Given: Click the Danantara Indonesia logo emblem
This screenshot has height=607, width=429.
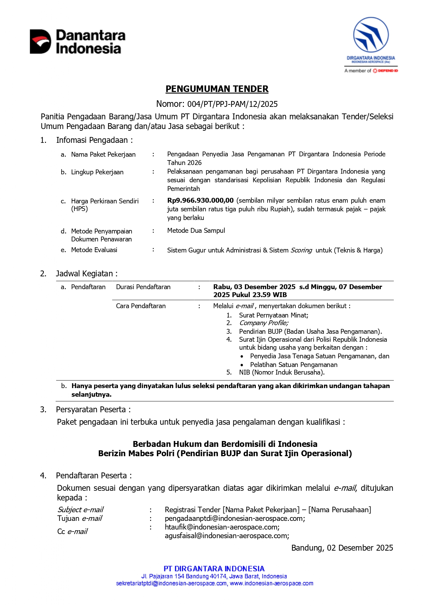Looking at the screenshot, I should pyautogui.click(x=40, y=42).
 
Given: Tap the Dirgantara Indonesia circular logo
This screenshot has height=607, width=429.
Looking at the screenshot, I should pyautogui.click(x=371, y=35).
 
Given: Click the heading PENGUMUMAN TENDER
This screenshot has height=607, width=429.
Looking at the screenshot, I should pyautogui.click(x=217, y=89).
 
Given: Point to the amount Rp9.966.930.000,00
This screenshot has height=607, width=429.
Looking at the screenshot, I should pyautogui.click(x=200, y=201).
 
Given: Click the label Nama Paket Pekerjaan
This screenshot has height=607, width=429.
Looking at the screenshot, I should pyautogui.click(x=103, y=155).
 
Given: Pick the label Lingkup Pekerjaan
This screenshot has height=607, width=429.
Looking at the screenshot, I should pyautogui.click(x=97, y=172).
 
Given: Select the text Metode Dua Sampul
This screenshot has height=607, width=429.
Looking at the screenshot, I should pyautogui.click(x=196, y=231).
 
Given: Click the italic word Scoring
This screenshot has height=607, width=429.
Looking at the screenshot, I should pyautogui.click(x=301, y=250).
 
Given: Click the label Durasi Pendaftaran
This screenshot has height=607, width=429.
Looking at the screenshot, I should pyautogui.click(x=143, y=287).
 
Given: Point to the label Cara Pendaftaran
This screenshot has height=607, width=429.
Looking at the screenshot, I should pyautogui.click(x=141, y=306).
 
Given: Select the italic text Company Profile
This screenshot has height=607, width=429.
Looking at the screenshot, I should pyautogui.click(x=263, y=323).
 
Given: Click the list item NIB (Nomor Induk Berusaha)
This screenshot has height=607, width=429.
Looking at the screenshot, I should pyautogui.click(x=282, y=373).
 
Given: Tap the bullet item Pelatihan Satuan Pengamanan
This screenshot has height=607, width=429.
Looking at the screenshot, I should pyautogui.click(x=293, y=365).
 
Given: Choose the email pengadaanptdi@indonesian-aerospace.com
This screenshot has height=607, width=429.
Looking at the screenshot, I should pyautogui.click(x=235, y=518).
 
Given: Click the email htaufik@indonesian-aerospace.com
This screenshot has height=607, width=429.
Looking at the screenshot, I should pyautogui.click(x=222, y=527).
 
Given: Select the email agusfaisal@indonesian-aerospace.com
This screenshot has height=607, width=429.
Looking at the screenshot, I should pyautogui.click(x=227, y=536).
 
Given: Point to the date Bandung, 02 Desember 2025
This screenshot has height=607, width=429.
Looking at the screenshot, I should pyautogui.click(x=342, y=548).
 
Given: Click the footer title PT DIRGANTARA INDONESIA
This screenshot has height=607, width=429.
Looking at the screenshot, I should pyautogui.click(x=214, y=569).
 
